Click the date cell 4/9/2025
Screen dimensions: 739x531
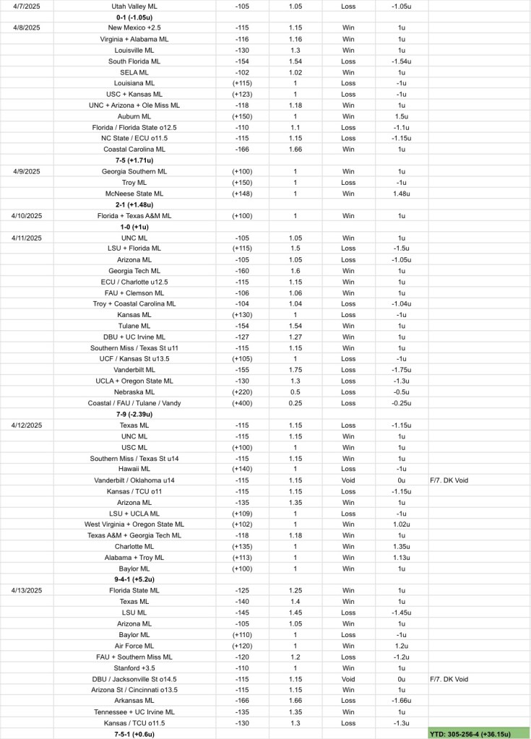27,171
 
